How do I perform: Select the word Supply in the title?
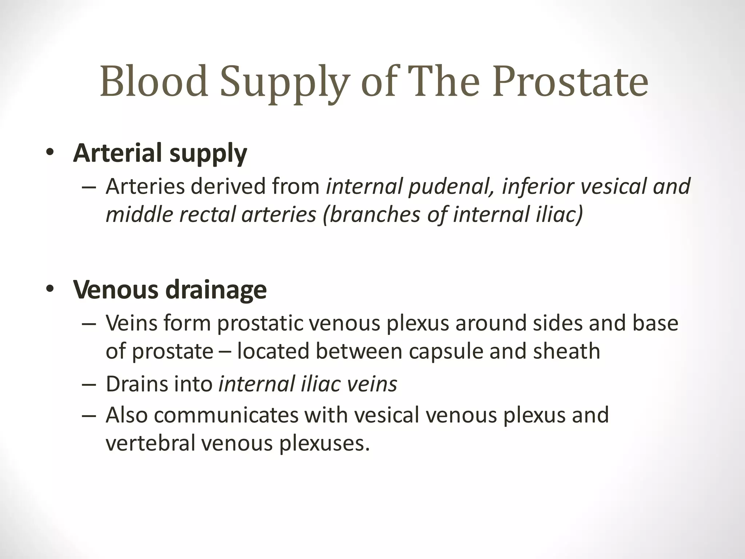[285, 84]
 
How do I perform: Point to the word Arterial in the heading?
[117, 153]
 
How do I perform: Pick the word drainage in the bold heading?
[216, 290]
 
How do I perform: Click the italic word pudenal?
[451, 187]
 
